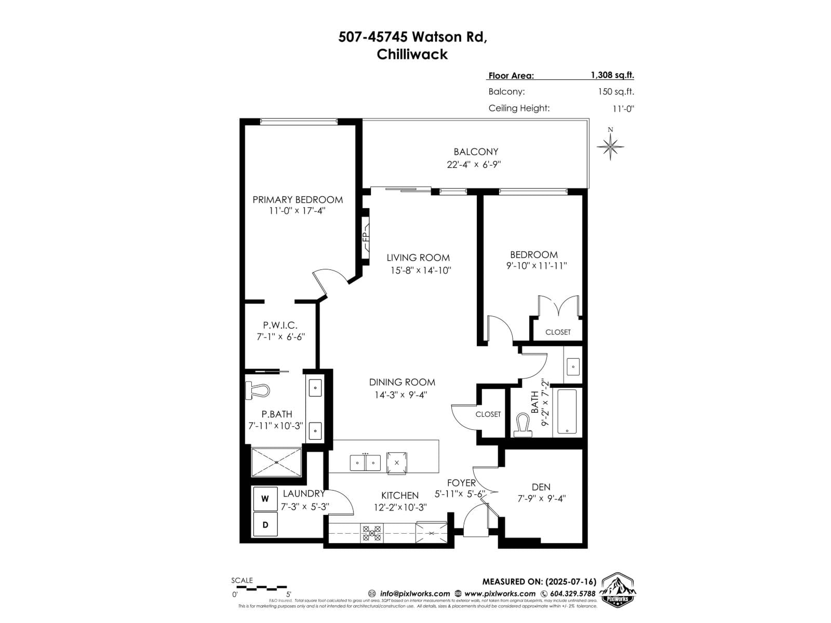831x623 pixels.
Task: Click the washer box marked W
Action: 265,499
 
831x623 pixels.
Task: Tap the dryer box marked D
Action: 265,525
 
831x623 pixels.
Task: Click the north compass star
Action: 610,146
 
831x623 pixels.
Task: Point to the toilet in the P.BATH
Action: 258,390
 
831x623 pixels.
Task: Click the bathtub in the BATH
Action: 567,411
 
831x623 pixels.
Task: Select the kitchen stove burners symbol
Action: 371,533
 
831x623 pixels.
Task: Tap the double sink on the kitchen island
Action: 365,462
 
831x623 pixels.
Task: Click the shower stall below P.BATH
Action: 276,462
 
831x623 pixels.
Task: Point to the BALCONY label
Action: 476,152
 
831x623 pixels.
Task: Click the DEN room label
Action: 541,487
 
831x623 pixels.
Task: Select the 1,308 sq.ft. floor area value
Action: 612,75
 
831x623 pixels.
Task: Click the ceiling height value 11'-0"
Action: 623,109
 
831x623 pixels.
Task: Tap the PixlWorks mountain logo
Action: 618,590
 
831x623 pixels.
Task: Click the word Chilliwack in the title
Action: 412,54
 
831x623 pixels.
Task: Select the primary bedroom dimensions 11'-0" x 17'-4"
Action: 297,211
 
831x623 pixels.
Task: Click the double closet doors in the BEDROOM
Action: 559,306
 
